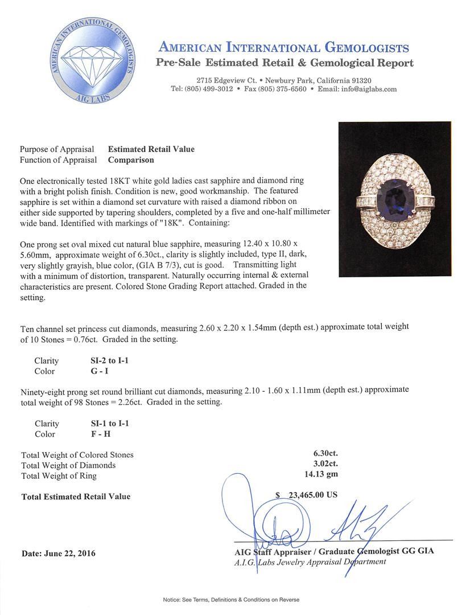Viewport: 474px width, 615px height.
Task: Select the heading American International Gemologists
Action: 284,47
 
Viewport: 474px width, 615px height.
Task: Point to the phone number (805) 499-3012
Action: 212,89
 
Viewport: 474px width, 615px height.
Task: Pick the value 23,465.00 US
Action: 311,495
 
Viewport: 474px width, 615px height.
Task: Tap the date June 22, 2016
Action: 58,553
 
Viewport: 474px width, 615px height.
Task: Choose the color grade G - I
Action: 95,371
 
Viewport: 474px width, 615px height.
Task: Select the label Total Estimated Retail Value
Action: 76,497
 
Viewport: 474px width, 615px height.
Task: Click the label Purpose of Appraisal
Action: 57,149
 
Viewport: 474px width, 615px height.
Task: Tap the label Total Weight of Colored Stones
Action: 77,455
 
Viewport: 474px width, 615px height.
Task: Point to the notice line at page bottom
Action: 231,600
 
